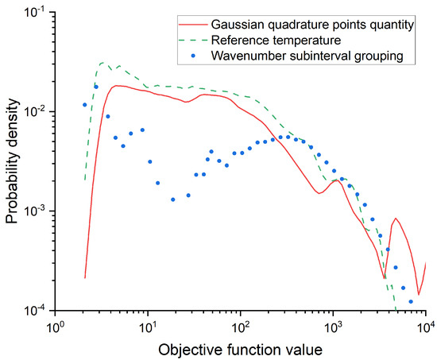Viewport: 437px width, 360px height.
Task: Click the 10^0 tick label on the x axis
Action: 55,325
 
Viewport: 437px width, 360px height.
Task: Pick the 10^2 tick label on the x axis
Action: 240,325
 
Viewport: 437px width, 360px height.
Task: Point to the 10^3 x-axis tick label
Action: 333,325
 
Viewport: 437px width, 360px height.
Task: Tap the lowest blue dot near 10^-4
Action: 411,302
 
